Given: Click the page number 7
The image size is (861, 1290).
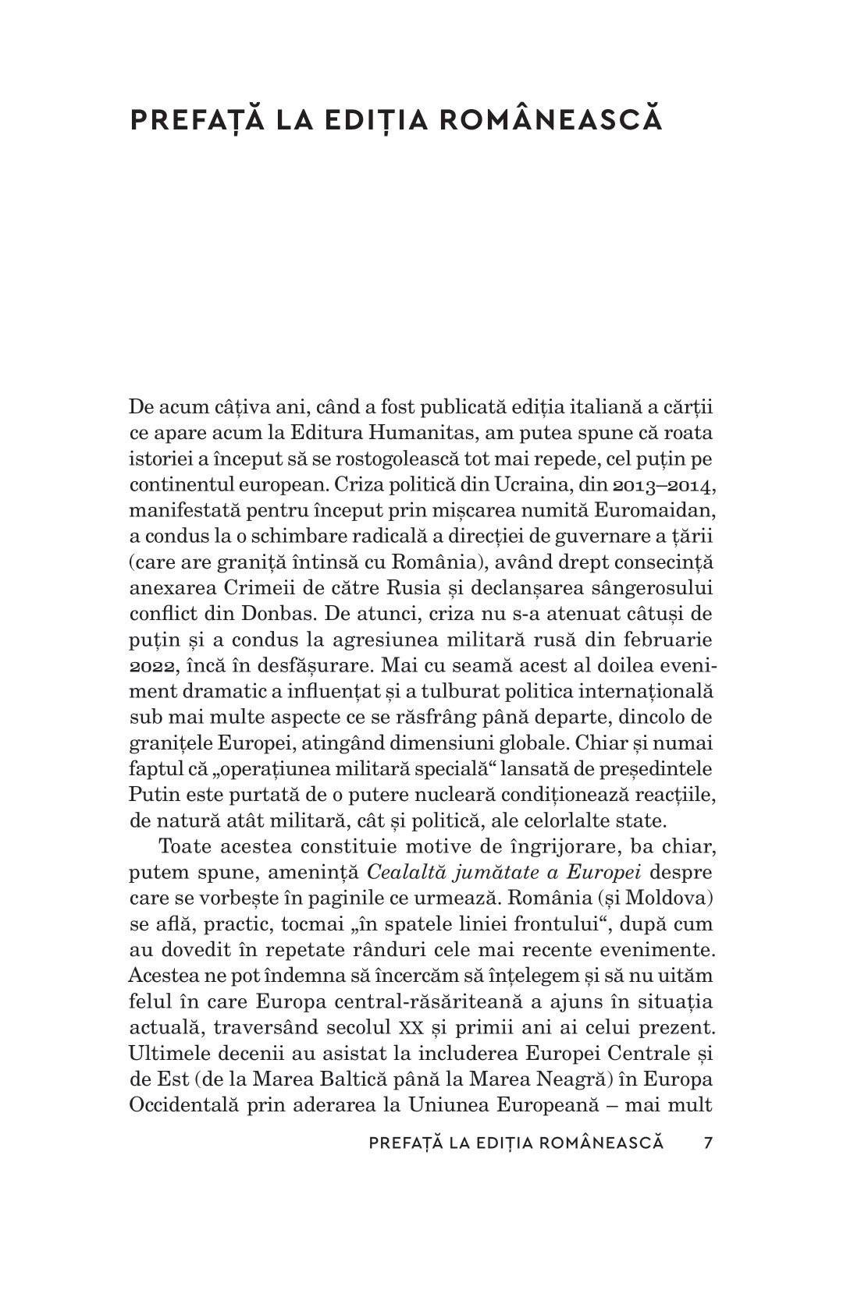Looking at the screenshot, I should pos(708,1143).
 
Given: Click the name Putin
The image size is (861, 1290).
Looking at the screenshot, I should pos(148,794).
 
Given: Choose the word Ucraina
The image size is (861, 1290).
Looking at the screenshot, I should pos(521,485).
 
